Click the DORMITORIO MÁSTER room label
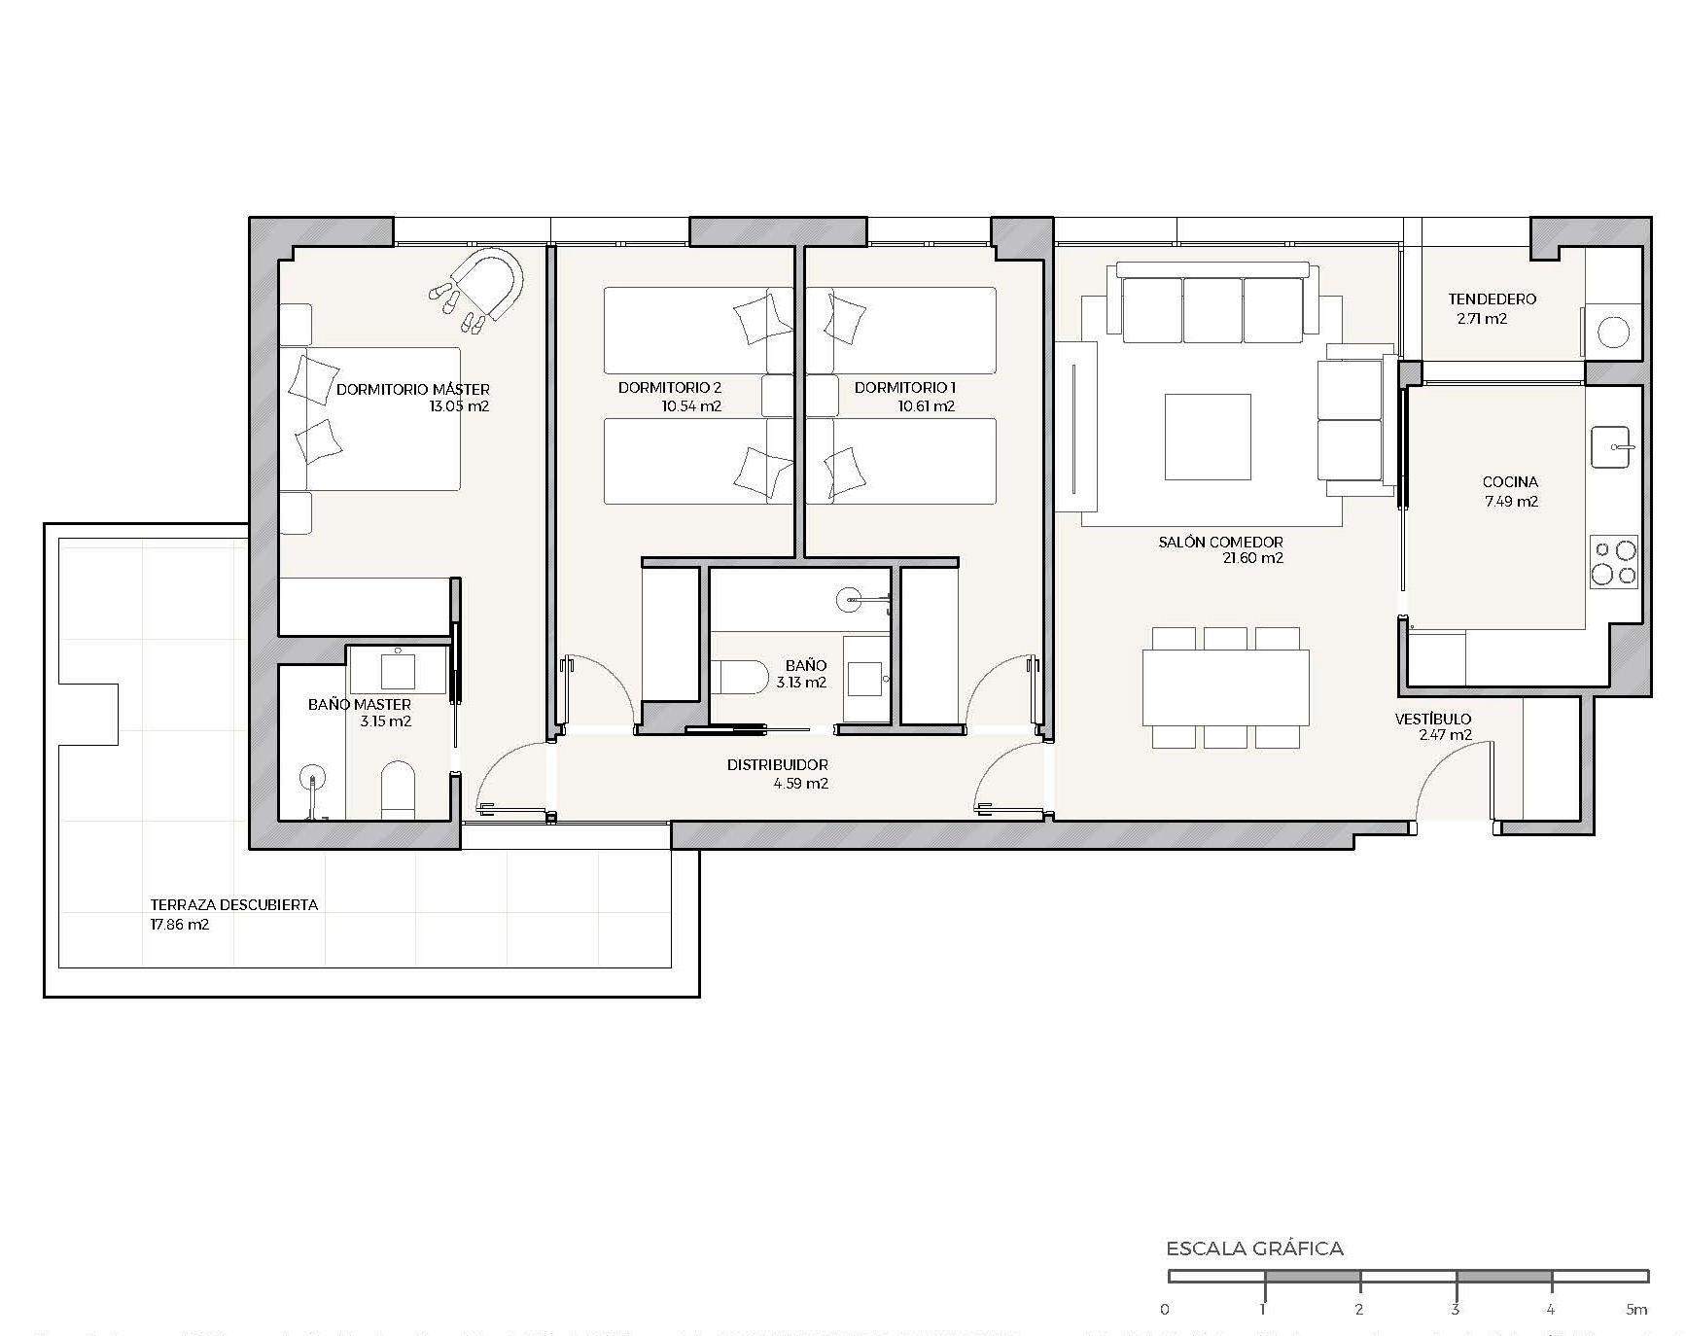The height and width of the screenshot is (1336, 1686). [413, 389]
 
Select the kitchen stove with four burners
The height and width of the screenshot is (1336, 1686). [1614, 562]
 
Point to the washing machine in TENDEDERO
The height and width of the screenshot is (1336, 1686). [1613, 332]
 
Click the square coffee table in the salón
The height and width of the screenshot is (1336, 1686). [1208, 437]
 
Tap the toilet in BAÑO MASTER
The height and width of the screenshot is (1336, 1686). [398, 789]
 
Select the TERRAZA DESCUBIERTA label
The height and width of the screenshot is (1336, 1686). [234, 904]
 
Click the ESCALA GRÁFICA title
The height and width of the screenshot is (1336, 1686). [1254, 1248]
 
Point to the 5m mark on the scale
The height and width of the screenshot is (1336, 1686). [1637, 1309]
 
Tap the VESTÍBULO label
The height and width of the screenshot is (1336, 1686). [1433, 719]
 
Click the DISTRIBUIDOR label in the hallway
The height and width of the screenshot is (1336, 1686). [778, 765]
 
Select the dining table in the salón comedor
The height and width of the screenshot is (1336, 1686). [1225, 687]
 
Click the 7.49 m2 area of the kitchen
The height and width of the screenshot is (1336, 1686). [1511, 502]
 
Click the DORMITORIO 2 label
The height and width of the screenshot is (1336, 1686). [670, 387]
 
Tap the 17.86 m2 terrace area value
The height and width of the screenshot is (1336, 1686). [180, 925]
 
